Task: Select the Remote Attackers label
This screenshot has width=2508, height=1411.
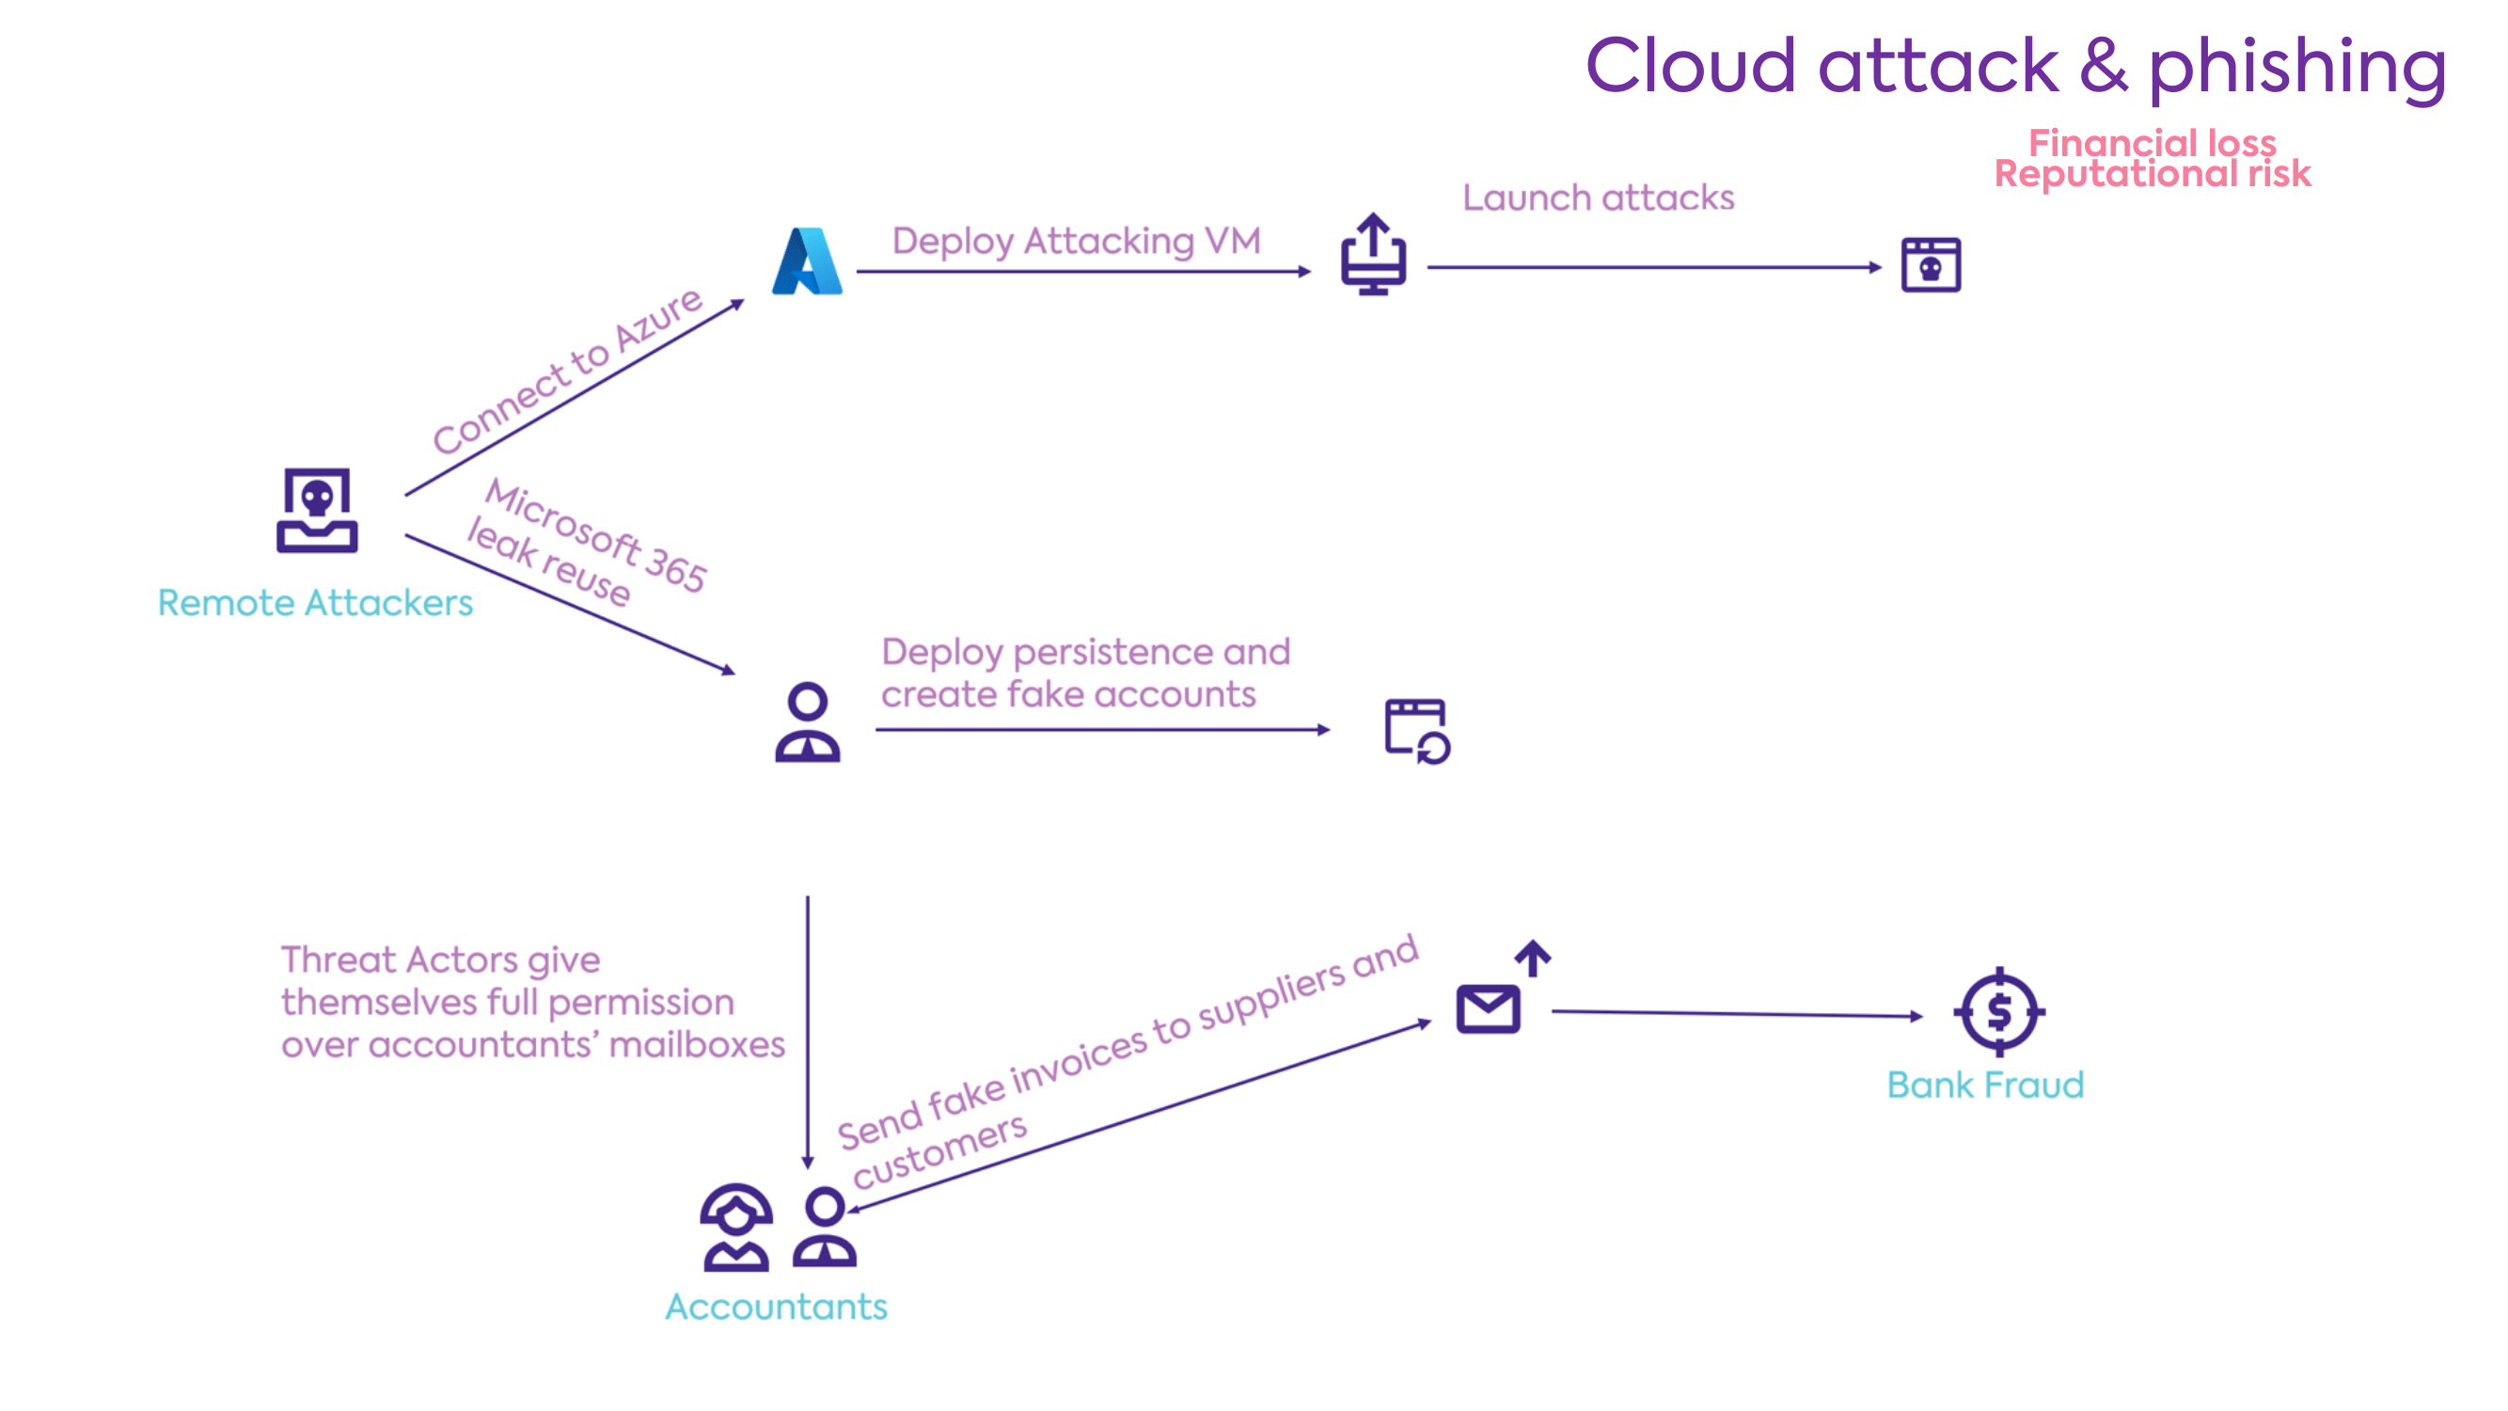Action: tap(315, 603)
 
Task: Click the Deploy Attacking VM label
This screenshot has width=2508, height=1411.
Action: tap(1076, 241)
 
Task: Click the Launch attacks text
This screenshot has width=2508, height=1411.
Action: tap(1598, 198)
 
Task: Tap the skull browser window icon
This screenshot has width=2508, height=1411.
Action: tap(1931, 265)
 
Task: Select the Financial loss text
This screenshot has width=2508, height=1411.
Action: tap(2152, 142)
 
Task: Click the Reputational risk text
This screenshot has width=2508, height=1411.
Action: tap(2152, 174)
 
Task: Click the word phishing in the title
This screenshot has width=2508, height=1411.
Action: tap(2295, 66)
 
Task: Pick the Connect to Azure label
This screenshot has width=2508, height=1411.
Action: tap(567, 371)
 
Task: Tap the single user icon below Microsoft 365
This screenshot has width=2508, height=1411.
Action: tap(807, 721)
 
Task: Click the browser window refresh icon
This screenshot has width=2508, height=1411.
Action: tap(1416, 730)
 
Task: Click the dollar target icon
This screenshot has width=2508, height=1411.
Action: tap(1999, 1012)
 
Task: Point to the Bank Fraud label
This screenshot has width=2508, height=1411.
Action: tap(1985, 1085)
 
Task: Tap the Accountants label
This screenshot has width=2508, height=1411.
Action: tap(776, 1306)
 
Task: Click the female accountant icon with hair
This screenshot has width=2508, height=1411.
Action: tap(736, 1228)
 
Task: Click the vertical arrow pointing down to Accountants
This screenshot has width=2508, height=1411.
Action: tap(807, 1032)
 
